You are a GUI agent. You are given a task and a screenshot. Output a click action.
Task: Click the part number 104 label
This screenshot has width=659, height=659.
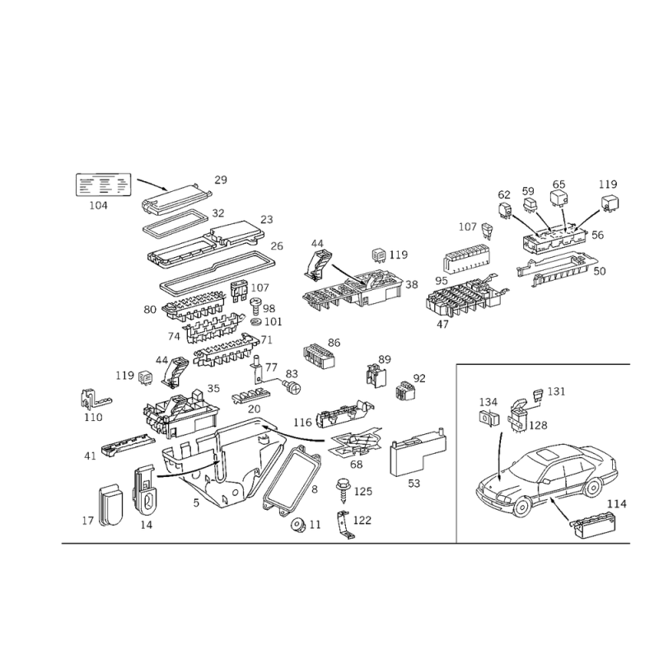(x=98, y=205)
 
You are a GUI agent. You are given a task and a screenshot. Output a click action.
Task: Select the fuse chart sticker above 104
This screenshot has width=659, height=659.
(x=104, y=185)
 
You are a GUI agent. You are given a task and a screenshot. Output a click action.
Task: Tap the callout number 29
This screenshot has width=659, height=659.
(x=221, y=180)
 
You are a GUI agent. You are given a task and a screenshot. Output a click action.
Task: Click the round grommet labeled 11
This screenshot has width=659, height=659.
(x=299, y=525)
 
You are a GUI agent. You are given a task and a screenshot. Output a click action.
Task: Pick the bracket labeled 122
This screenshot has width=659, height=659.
(x=345, y=524)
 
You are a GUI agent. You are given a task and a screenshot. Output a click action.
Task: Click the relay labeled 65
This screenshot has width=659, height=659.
(x=559, y=199)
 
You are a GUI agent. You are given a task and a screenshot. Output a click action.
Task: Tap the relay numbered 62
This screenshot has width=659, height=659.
(x=505, y=211)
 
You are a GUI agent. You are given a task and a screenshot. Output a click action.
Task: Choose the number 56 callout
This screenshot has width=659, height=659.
(x=598, y=235)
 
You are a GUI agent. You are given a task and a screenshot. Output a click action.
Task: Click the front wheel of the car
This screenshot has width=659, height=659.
(x=521, y=507)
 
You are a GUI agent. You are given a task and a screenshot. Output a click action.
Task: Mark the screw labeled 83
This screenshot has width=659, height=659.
(x=292, y=386)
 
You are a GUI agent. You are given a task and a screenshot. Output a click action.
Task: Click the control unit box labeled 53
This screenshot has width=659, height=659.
(x=418, y=453)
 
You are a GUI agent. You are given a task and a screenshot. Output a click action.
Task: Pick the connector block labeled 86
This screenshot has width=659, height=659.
(x=319, y=357)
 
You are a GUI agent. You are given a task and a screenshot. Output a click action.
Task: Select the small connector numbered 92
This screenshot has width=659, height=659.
(x=405, y=390)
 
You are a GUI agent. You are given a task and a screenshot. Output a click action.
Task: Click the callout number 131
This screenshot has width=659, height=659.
(x=557, y=392)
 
